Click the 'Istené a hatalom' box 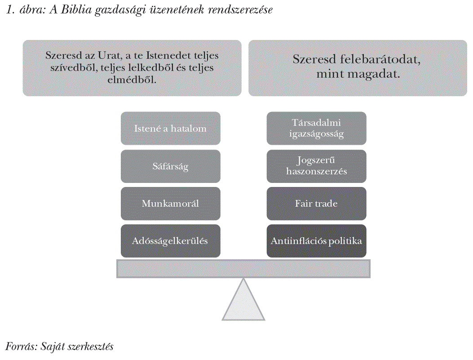coord(170,128)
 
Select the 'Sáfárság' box coord(170,166)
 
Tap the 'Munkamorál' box coord(170,204)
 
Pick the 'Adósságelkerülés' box coord(170,241)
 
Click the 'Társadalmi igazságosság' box coord(316,128)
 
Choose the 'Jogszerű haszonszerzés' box coord(316,166)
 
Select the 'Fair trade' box coord(316,204)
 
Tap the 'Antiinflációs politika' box coord(316,241)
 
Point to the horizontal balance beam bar coord(243,269)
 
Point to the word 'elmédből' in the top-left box coord(132,80)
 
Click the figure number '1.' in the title coord(11,10)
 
